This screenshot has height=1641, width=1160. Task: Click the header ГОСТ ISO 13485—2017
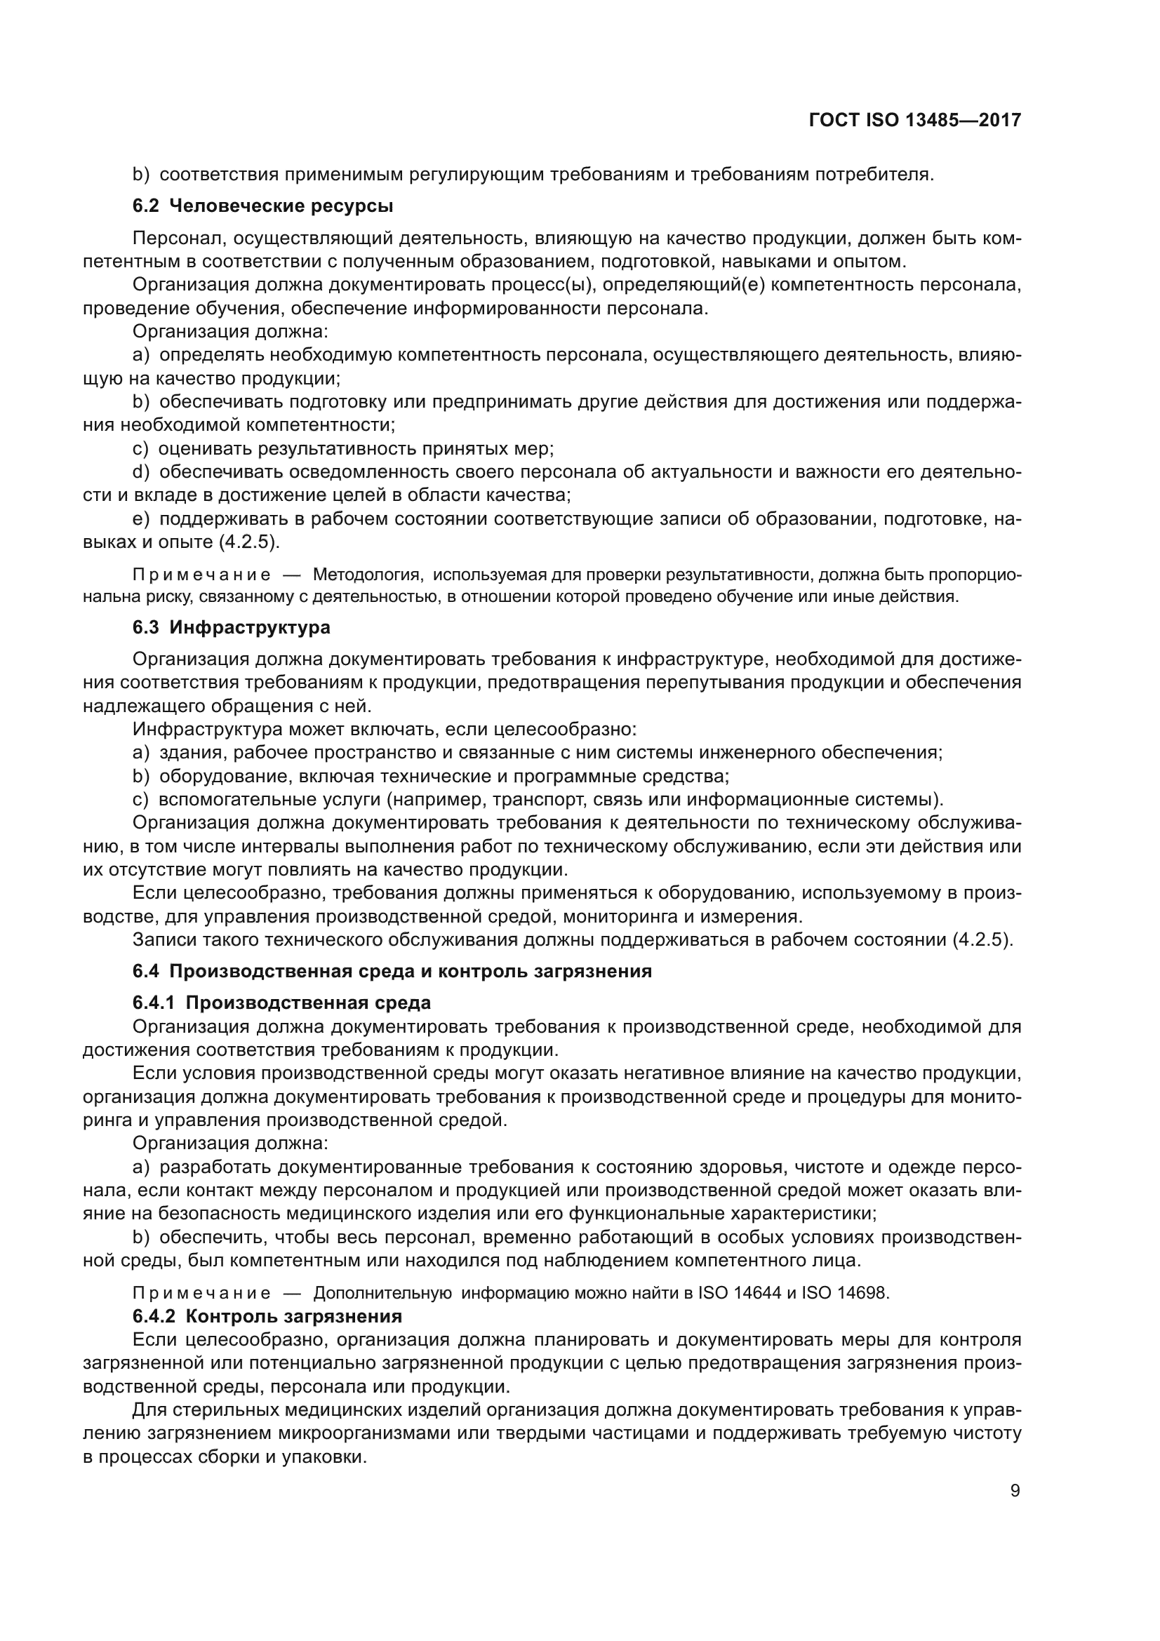(x=914, y=120)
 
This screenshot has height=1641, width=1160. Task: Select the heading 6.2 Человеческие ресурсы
(x=263, y=206)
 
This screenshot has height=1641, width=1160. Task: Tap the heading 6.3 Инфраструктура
(x=231, y=627)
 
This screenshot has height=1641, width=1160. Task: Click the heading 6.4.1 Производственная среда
(x=281, y=1003)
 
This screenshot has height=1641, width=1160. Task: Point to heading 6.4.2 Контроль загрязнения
(x=267, y=1316)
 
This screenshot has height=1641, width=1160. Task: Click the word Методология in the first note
(x=368, y=575)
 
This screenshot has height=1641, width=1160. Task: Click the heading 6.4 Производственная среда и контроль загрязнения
(x=392, y=971)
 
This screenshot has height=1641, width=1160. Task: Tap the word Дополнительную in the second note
(x=382, y=1293)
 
